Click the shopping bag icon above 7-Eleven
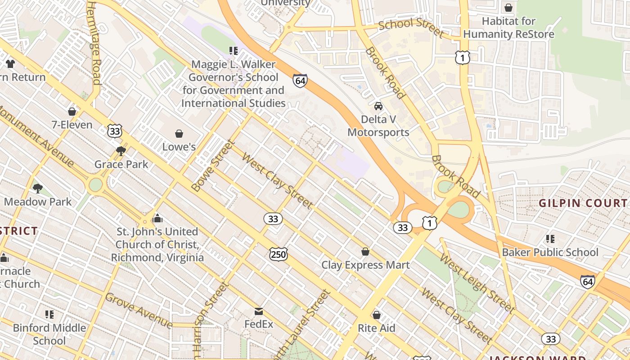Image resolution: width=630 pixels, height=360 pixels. [72, 111]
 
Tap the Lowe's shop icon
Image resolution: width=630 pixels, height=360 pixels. [179, 134]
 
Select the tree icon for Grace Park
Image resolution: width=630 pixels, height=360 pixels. [121, 151]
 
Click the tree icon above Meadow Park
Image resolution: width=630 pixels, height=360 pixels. [38, 188]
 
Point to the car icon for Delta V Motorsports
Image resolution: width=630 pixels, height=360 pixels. [378, 106]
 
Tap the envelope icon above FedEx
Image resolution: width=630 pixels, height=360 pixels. [259, 311]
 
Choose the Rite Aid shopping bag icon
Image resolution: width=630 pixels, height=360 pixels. [376, 315]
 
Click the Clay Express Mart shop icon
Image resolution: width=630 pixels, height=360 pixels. [365, 252]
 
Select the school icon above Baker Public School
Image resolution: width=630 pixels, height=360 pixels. [550, 238]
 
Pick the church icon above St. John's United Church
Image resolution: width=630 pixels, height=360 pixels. [157, 218]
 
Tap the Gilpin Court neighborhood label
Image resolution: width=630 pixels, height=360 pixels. [583, 203]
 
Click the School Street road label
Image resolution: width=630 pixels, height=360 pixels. [411, 27]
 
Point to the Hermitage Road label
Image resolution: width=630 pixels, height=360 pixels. [94, 43]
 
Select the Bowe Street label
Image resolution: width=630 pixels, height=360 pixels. [213, 166]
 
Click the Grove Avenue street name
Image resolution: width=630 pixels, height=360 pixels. [139, 310]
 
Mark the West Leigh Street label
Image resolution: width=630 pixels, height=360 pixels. [477, 283]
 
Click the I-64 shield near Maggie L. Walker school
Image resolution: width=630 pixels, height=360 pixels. [300, 81]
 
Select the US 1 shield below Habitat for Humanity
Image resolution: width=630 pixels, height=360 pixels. [462, 57]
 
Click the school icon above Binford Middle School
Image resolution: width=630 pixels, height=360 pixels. [49, 314]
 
